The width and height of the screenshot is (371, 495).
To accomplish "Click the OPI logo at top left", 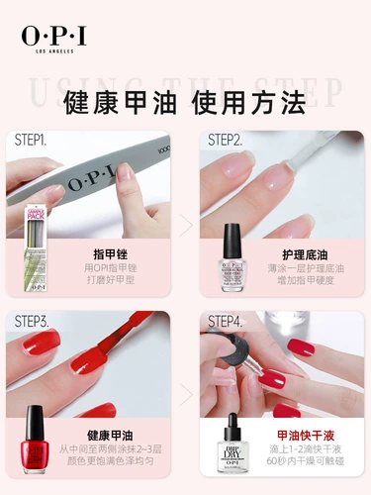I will point(53,36).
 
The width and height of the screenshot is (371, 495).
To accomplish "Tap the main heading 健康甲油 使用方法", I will point(185,102).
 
